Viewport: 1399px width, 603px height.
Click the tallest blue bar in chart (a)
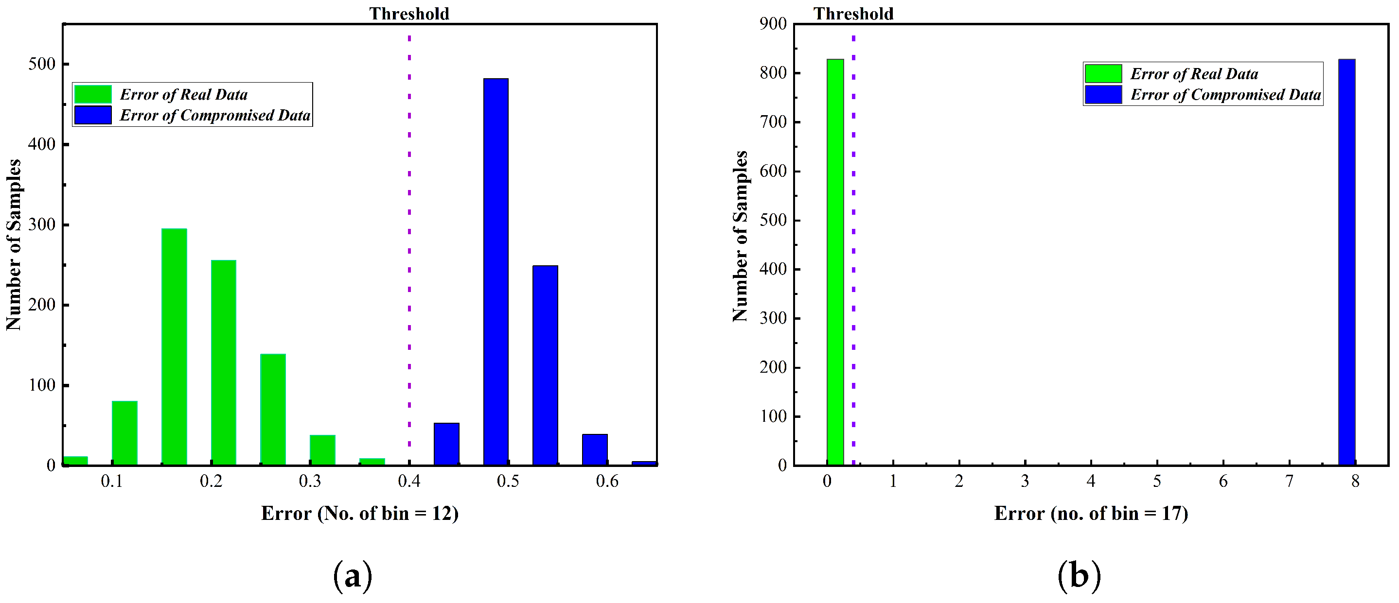point(496,272)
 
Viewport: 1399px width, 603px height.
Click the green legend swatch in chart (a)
point(93,94)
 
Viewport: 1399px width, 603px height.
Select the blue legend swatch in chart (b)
point(1103,94)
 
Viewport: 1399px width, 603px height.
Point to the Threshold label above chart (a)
point(409,14)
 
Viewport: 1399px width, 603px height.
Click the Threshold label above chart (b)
point(852,14)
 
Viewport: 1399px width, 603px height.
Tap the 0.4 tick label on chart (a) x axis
point(409,482)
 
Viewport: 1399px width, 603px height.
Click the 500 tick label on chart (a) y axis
point(42,64)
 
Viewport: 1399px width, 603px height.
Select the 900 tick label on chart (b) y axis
point(773,24)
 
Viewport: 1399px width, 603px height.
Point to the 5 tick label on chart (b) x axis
point(1157,482)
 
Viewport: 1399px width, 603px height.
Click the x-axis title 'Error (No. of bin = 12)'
point(359,514)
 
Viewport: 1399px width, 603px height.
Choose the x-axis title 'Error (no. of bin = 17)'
point(1091,514)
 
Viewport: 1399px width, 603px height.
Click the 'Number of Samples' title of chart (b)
point(740,236)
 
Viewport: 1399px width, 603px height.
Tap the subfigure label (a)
point(353,576)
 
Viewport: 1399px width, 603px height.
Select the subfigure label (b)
point(1079,576)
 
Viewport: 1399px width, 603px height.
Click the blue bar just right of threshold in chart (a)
point(446,444)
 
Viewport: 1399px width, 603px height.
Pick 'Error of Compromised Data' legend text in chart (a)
point(215,116)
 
